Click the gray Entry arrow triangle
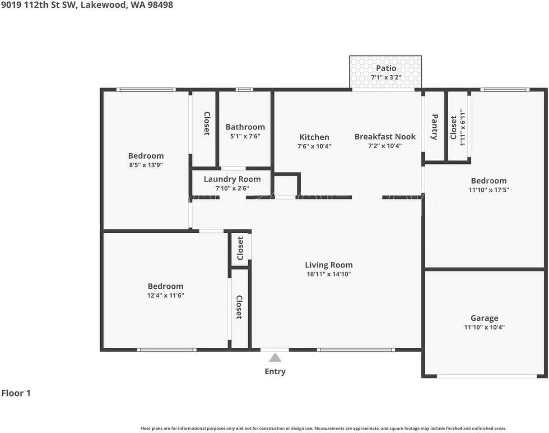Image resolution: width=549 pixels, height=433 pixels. coord(275,358)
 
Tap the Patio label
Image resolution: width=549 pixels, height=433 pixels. coord(386,68)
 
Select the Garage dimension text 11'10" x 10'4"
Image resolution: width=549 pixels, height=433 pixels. coord(484,327)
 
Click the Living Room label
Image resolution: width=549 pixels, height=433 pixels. coord(328,265)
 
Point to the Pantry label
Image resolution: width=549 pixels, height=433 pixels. coord(434,127)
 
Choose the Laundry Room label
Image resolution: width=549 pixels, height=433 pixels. coord(232,179)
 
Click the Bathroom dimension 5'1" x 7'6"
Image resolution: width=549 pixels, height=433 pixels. coord(245,136)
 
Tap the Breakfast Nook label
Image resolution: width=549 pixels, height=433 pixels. coord(385,136)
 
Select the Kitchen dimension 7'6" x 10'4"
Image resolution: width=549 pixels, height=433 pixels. coord(314,146)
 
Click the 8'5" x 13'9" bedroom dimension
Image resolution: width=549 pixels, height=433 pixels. coord(146,165)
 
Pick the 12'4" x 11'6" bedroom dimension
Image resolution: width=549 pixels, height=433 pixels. coord(166,295)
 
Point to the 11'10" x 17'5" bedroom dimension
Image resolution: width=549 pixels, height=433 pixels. coord(489,190)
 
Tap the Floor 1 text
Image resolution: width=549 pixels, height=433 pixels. coord(16,393)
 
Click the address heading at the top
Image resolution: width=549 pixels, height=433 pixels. coord(86,5)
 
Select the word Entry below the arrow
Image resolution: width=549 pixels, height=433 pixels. coord(275,372)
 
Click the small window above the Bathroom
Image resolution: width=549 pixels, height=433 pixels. coord(245,89)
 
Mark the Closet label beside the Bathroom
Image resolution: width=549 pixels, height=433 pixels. coord(206,124)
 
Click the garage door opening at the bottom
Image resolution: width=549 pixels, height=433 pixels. coord(487,376)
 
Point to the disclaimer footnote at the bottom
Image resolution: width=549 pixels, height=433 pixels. coord(323,428)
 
